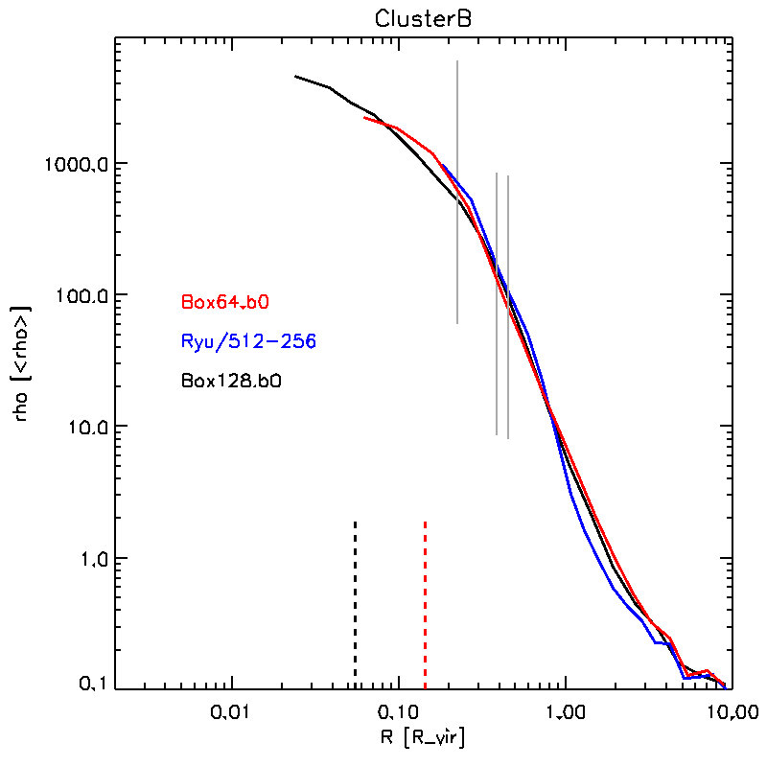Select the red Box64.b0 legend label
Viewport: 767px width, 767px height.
coord(225,302)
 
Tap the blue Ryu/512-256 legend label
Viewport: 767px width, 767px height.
coord(248,341)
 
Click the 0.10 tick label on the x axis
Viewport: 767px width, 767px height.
coord(398,712)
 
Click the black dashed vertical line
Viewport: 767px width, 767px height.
coord(356,604)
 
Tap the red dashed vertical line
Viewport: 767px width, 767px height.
coord(425,604)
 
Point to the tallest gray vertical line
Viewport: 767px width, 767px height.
coord(457,192)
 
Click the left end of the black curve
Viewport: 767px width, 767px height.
coord(295,76)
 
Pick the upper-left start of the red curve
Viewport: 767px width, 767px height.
coord(366,118)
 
